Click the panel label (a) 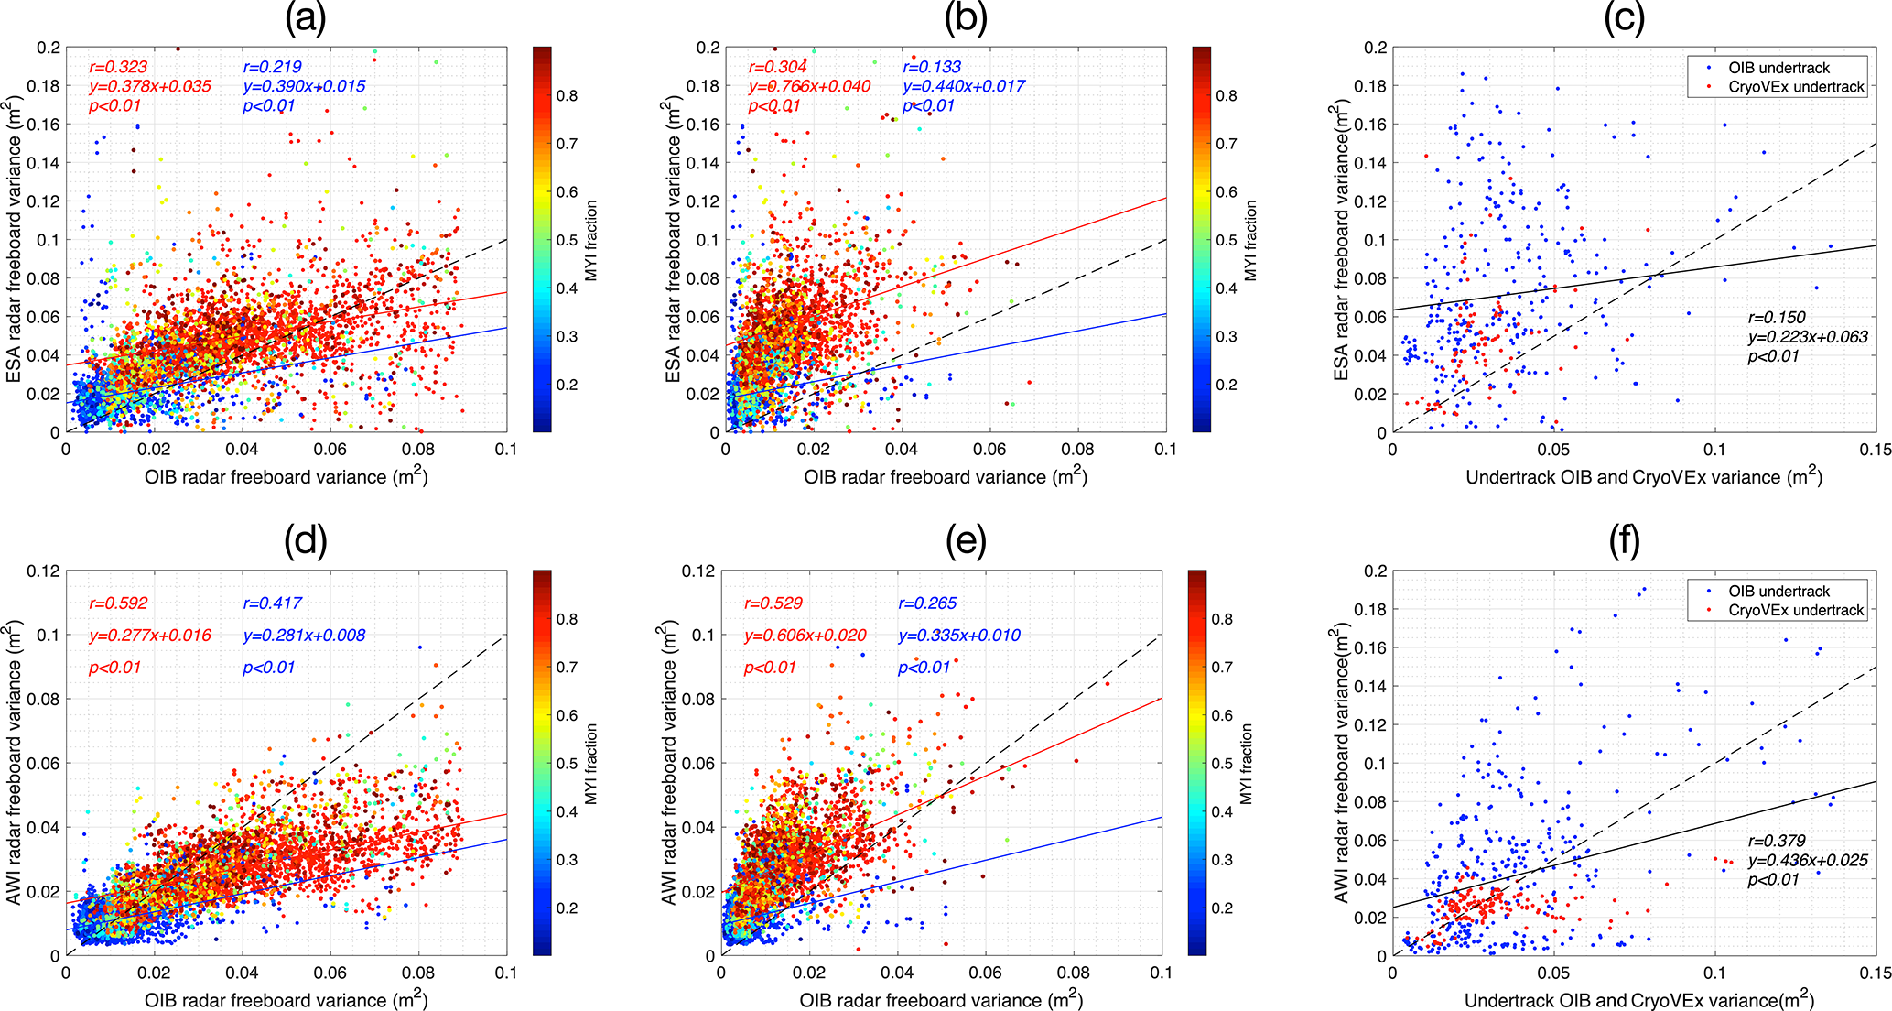[305, 19]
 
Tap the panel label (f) [1624, 542]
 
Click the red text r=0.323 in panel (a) [118, 67]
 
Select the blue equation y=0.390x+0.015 [304, 86]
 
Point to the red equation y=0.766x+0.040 [809, 86]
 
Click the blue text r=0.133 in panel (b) [932, 67]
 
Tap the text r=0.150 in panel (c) [1777, 318]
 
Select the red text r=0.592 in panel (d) [118, 603]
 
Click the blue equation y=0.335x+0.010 [959, 636]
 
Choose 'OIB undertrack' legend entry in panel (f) [1778, 592]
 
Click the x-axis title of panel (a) [286, 477]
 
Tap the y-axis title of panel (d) [15, 763]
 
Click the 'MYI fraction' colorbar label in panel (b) [1250, 240]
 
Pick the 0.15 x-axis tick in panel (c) [1876, 451]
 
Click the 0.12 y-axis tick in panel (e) [698, 571]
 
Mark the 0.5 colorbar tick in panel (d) [568, 764]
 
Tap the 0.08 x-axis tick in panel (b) [1077, 451]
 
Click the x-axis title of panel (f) [1638, 1000]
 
